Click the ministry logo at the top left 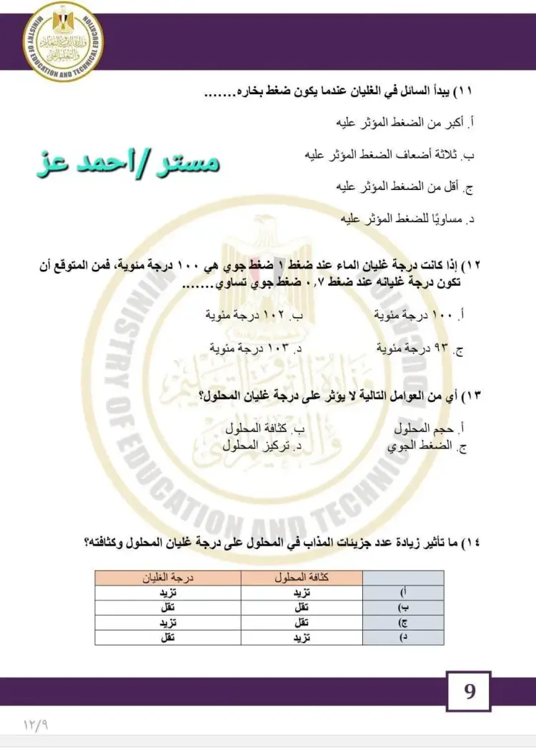pos(64,41)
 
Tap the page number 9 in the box pos(470,692)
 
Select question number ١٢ pos(470,266)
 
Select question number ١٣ pos(470,395)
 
